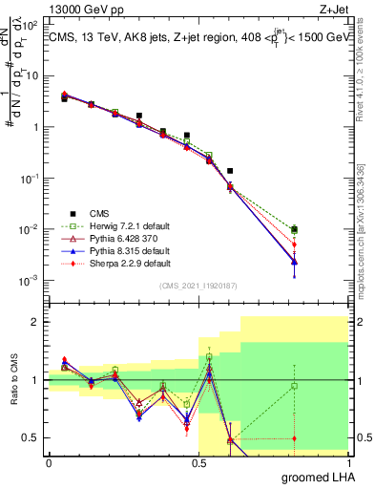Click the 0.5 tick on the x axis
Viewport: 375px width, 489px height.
click(198, 462)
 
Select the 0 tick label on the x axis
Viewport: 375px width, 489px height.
click(49, 462)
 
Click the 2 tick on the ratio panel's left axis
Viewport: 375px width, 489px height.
click(37, 322)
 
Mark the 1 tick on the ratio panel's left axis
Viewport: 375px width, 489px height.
click(37, 380)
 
